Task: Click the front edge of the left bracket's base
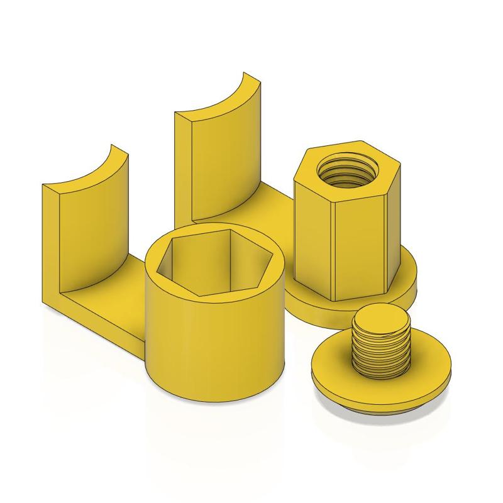point(94,324)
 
